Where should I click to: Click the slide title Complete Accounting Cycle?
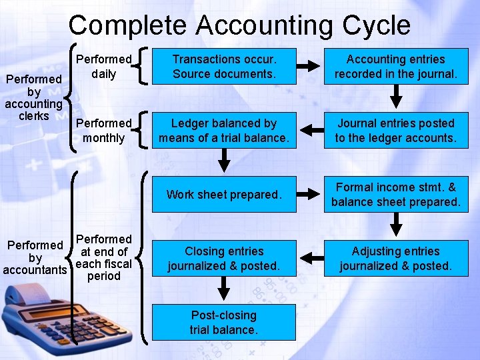point(239,25)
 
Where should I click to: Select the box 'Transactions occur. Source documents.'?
point(224,66)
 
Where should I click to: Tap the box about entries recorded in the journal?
point(395,66)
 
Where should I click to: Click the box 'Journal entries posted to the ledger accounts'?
point(395,131)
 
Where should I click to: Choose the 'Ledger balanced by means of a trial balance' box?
point(224,131)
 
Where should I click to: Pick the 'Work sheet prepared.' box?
point(224,195)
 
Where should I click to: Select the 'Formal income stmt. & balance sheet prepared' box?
point(395,195)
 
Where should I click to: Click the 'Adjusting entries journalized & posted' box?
point(395,259)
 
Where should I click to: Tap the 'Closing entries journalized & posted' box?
point(224,259)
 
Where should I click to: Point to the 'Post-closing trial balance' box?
point(224,323)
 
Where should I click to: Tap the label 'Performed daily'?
point(103,66)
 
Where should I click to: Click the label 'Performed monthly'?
point(103,131)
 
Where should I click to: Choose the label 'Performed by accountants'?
point(35,257)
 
